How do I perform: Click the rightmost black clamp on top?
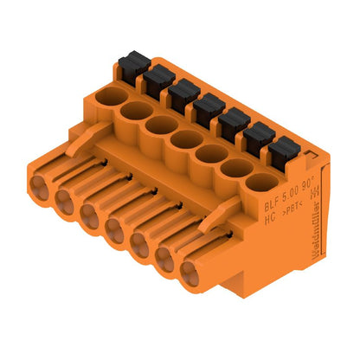click(280, 154)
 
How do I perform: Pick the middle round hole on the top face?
click(184, 138)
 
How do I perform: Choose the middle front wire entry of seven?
click(114, 229)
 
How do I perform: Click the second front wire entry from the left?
click(65, 198)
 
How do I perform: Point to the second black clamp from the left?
click(156, 80)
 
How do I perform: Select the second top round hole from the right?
click(233, 166)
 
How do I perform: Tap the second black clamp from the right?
click(255, 138)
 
